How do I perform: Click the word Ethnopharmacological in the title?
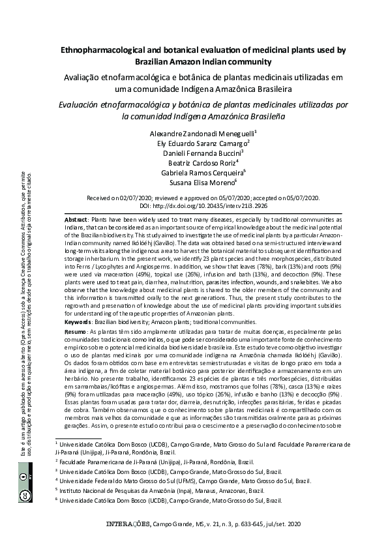tap(98, 50)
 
